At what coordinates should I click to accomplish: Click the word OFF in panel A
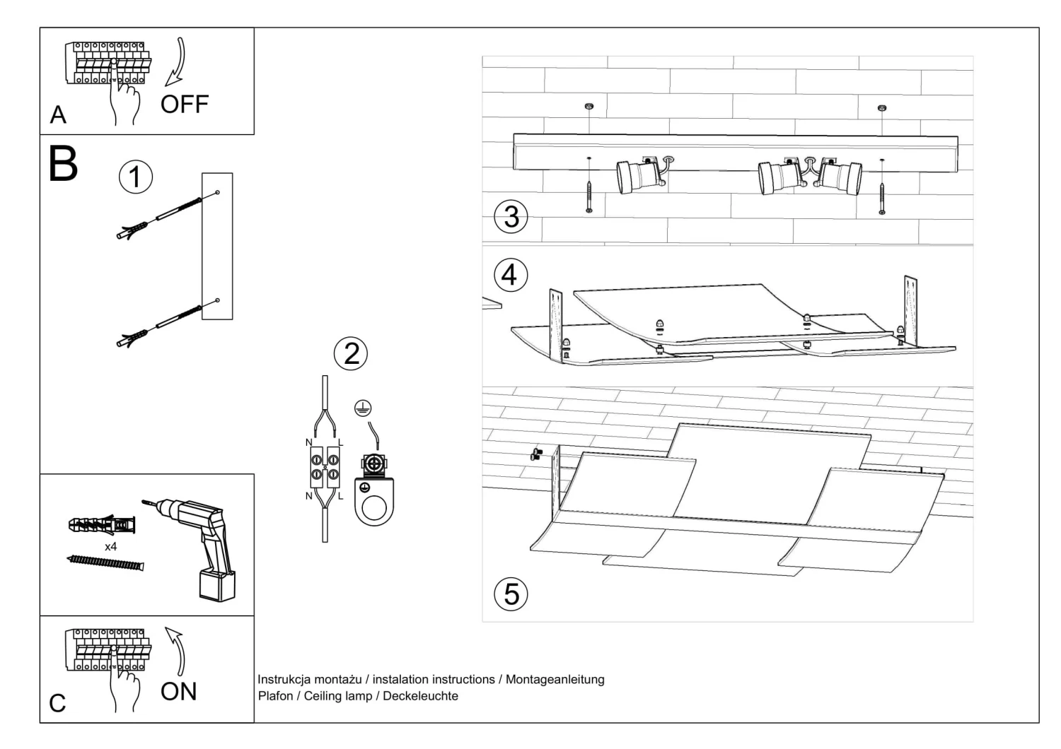(185, 105)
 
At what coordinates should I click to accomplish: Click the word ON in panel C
(178, 692)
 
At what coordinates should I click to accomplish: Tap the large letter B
(63, 164)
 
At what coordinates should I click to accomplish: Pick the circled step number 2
(351, 353)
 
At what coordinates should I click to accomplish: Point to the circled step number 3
(511, 216)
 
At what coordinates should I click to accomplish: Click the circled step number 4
(509, 274)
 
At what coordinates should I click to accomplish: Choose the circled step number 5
(511, 594)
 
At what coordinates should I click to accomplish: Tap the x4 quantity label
(110, 547)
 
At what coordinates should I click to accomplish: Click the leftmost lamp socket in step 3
(633, 177)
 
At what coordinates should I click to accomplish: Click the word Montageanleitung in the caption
(555, 680)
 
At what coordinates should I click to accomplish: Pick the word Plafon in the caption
(275, 696)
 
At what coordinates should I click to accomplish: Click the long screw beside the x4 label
(105, 562)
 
